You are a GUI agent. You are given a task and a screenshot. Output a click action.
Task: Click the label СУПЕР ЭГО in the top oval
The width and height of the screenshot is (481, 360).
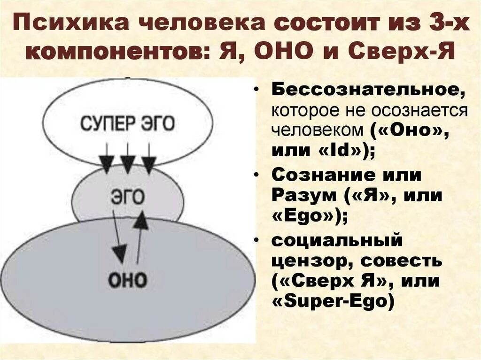point(127,123)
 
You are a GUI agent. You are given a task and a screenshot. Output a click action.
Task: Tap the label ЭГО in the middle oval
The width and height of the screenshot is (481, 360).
point(127,197)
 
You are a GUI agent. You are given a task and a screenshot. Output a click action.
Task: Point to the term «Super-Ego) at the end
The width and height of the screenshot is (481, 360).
point(332,302)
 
